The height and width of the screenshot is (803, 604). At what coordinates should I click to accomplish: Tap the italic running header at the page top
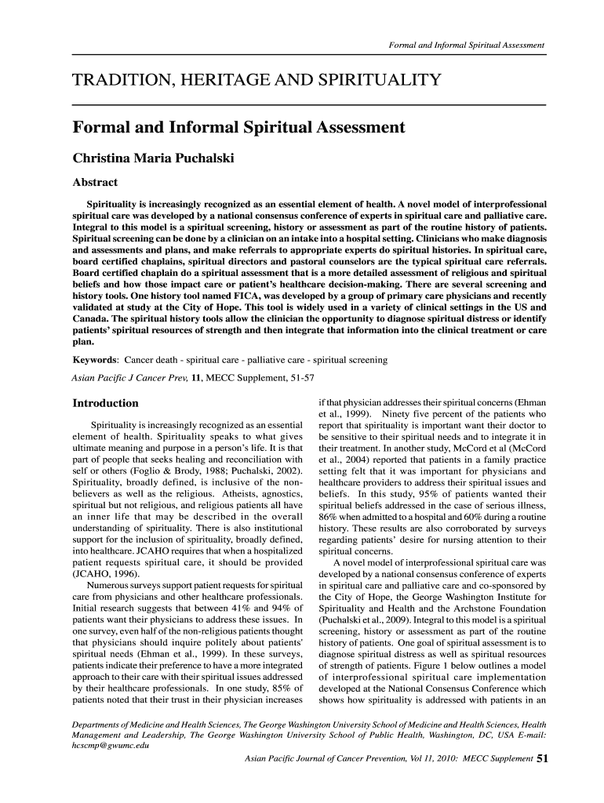468,45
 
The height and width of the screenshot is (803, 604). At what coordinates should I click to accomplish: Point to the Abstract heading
95,183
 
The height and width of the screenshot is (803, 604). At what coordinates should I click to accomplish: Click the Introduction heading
105,403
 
